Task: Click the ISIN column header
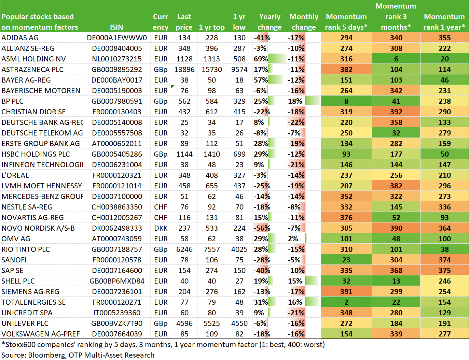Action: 116,27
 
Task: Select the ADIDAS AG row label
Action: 20,38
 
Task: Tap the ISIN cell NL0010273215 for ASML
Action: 117,59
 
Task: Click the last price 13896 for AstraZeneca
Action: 184,69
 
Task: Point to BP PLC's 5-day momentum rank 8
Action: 346,101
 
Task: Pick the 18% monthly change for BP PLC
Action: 295,101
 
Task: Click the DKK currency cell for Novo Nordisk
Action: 161,228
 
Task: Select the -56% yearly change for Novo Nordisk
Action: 262,228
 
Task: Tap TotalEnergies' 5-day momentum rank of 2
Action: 346,302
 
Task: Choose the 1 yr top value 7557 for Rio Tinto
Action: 211,249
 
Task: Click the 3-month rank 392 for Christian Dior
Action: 396,112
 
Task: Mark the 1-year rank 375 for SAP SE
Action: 445,270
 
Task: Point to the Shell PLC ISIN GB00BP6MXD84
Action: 117,281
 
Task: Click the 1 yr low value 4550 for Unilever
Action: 239,323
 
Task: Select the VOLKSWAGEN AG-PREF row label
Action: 41,334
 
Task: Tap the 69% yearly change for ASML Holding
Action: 261,59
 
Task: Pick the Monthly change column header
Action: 304,22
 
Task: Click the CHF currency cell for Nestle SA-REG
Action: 161,207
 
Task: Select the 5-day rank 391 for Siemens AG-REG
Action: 346,292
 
